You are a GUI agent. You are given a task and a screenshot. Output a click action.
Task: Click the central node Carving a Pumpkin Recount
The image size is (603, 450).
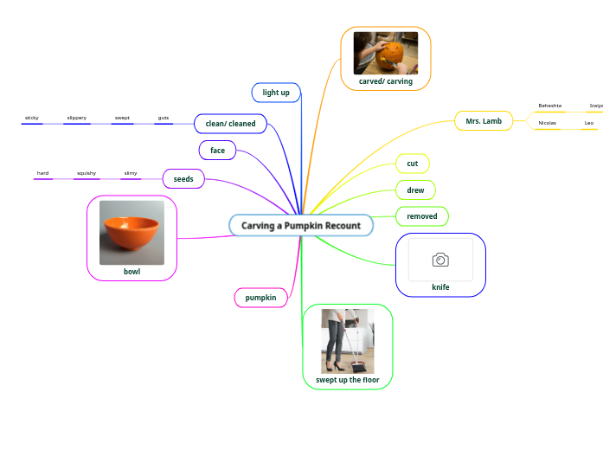(301, 225)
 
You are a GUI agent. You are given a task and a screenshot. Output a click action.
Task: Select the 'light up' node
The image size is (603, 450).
(276, 92)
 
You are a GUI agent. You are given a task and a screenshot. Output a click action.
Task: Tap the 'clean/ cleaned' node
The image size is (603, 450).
(230, 124)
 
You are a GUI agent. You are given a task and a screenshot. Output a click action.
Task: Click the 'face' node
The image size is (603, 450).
(217, 150)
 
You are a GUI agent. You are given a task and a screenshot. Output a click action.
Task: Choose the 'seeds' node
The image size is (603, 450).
(183, 179)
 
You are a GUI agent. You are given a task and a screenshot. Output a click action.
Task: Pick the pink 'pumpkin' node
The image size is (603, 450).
(260, 298)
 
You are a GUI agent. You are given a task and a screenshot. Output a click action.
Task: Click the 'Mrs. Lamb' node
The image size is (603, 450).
(484, 121)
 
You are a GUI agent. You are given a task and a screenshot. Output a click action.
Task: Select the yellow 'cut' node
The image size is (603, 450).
(413, 164)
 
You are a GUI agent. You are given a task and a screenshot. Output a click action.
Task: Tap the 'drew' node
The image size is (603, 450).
(415, 190)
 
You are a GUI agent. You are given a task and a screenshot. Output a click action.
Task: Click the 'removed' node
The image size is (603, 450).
(422, 215)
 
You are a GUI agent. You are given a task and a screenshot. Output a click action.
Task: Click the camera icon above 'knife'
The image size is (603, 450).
(440, 260)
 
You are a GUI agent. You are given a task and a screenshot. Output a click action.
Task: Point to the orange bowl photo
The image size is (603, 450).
(132, 233)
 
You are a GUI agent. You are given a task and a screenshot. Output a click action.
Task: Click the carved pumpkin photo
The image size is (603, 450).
(386, 53)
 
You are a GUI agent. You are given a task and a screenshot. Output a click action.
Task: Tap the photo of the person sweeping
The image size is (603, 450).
(348, 341)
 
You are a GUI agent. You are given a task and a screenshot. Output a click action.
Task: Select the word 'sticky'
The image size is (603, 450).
(32, 118)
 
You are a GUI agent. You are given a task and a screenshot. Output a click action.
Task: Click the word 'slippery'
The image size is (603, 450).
(77, 118)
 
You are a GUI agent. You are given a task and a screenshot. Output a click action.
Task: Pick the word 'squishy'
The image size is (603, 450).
(87, 173)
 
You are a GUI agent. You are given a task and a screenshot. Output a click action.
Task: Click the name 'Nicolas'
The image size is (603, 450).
(548, 123)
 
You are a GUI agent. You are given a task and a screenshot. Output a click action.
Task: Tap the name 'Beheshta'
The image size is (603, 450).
(550, 106)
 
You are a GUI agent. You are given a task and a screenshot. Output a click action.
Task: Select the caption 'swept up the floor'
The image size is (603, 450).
(348, 380)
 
